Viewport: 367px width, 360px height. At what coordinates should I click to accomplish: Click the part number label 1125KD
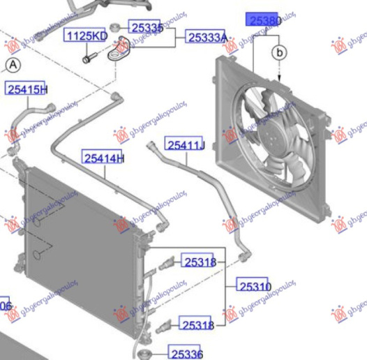[87, 36]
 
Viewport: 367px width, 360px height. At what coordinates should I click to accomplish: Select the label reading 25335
[147, 28]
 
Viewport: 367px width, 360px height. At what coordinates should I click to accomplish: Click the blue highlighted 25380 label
[263, 21]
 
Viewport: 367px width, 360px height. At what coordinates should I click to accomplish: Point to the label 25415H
[27, 89]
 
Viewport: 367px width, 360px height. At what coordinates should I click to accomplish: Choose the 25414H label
[103, 158]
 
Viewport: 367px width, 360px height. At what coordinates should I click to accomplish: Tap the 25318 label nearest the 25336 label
[198, 324]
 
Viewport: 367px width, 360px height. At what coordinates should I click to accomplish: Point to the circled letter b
[279, 52]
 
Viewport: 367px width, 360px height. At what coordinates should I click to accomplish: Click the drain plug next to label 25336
[147, 354]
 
